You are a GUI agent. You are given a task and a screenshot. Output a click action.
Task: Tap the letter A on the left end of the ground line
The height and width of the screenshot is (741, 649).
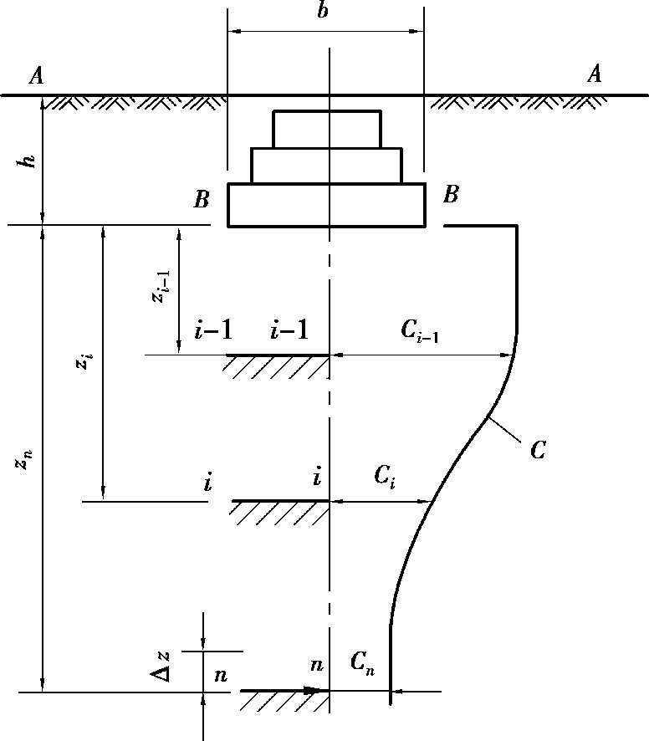pos(36,77)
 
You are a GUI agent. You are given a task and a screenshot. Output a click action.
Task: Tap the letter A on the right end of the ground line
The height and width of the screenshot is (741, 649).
pos(595,75)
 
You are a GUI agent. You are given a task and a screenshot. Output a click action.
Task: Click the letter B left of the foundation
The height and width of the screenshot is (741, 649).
pos(201,199)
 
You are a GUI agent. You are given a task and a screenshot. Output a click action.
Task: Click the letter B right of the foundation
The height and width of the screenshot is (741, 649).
pos(451,196)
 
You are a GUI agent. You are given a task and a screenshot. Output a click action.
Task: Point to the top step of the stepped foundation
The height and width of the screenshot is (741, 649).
pos(326,129)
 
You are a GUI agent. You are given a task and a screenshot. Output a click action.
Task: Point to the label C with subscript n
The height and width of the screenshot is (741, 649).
pos(362,664)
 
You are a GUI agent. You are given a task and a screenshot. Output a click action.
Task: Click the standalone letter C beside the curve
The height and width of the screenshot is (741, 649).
pos(538,451)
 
